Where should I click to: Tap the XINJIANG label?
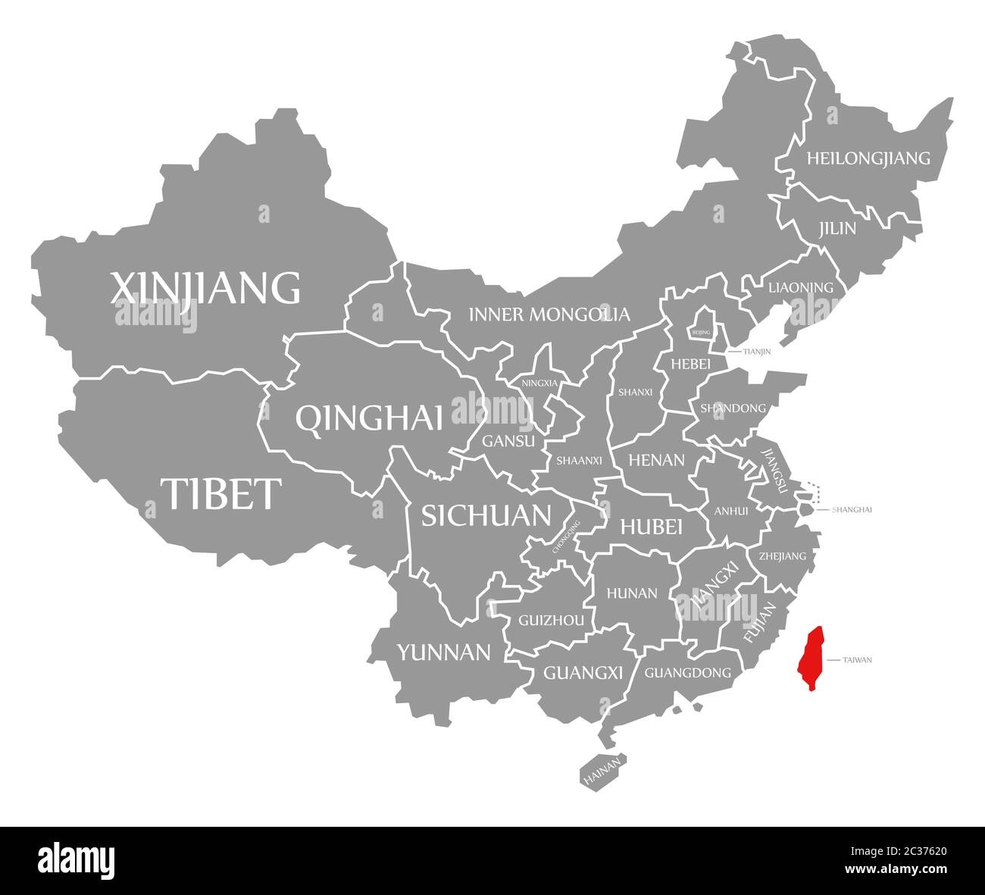(205, 287)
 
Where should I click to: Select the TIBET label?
(220, 493)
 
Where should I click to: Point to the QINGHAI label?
(369, 418)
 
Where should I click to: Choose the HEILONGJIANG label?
(868, 158)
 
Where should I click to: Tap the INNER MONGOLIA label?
(549, 314)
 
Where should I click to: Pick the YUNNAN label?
(444, 651)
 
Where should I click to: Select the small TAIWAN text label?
(857, 660)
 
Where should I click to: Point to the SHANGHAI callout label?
(852, 509)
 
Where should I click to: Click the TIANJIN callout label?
(757, 352)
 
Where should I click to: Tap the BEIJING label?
(702, 332)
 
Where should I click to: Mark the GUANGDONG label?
(687, 672)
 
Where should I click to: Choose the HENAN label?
(656, 459)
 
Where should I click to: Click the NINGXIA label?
(539, 383)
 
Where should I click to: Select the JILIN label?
(836, 228)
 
